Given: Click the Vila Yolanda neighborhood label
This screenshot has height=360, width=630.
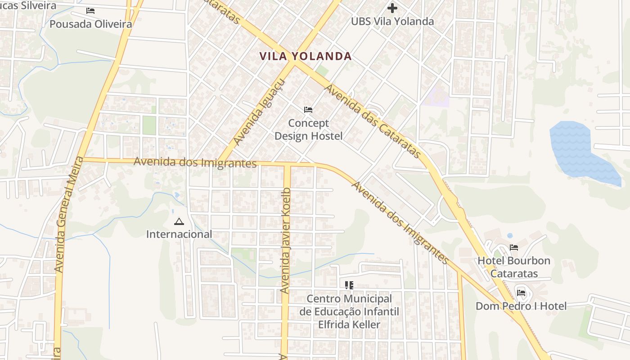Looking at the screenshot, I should (306, 56).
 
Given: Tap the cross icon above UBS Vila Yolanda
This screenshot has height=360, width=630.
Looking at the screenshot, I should (392, 8).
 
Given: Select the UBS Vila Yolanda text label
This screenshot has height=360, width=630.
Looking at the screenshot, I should (392, 21).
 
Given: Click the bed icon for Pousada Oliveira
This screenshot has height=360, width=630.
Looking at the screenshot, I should (90, 11).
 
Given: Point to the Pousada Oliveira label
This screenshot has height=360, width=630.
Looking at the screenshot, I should (91, 24).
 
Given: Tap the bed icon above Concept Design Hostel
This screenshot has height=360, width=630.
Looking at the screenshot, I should (308, 110).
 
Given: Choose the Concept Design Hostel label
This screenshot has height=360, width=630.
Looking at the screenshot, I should (309, 129).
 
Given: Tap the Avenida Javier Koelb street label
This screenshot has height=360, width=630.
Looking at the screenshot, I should (286, 241).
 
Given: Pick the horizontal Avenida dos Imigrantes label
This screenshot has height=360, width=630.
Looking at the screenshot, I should (195, 162).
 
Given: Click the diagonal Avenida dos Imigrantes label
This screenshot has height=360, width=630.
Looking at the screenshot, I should (400, 223).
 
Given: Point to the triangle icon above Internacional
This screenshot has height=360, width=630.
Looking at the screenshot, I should (179, 221).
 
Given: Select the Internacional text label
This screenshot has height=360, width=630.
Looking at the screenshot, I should (179, 234).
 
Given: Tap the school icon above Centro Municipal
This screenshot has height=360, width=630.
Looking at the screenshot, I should (349, 285).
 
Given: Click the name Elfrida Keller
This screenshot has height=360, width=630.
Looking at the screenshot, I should (349, 324).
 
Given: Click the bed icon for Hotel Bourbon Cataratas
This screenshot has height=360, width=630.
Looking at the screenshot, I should (514, 247).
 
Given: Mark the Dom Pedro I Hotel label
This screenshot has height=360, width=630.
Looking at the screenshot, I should (521, 306).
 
